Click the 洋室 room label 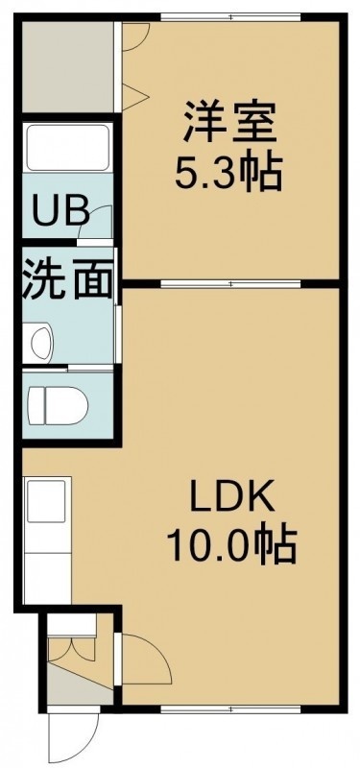click(x=229, y=122)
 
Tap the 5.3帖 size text click(x=228, y=172)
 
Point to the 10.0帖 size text click(x=231, y=544)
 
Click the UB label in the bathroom click(x=60, y=210)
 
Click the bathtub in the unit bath click(x=67, y=147)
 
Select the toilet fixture click(x=58, y=405)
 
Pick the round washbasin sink click(x=41, y=342)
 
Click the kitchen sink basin click(x=46, y=500)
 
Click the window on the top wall click(x=230, y=17)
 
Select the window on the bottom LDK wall click(x=230, y=709)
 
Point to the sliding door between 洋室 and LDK click(x=230, y=283)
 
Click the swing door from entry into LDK click(x=146, y=659)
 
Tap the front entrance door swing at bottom click(x=74, y=737)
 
